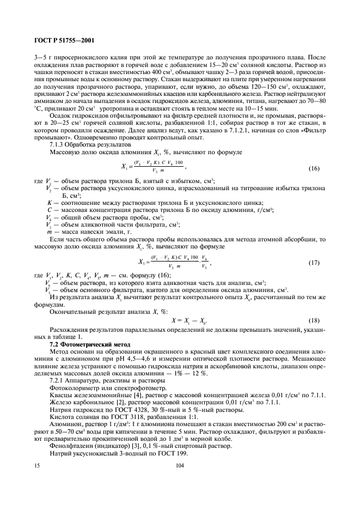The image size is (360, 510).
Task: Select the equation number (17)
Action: (315, 263)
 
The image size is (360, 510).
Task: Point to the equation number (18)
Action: (315, 320)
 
